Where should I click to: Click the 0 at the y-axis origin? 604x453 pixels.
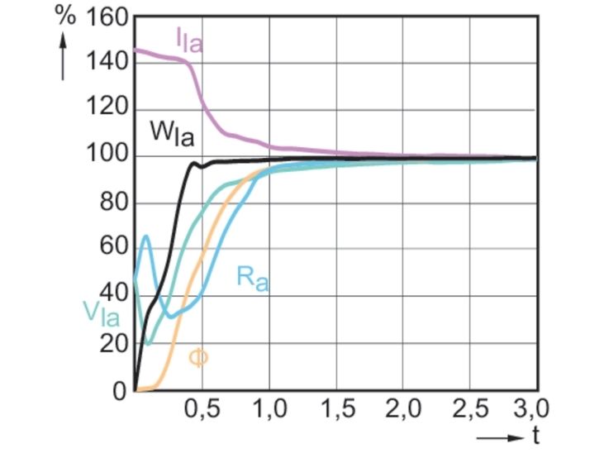119,390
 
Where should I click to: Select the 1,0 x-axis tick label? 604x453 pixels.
269,409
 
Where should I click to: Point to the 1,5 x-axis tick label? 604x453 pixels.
336,409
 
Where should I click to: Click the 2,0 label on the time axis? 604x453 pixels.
403,409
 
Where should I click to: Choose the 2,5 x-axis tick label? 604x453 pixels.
470,409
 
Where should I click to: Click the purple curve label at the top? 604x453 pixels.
188,39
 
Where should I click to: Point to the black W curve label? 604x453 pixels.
171,132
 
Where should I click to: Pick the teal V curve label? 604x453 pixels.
100,312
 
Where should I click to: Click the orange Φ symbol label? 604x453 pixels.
198,357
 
